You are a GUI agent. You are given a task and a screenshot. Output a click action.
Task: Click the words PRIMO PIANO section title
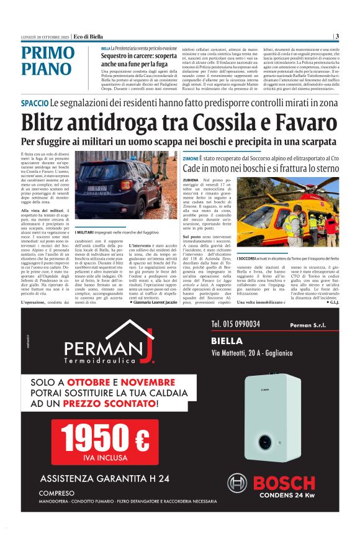[x=47, y=61]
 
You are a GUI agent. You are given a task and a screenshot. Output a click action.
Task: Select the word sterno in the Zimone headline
[x=323, y=169]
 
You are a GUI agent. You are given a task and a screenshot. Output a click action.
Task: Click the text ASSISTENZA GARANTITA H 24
[x=103, y=478]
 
